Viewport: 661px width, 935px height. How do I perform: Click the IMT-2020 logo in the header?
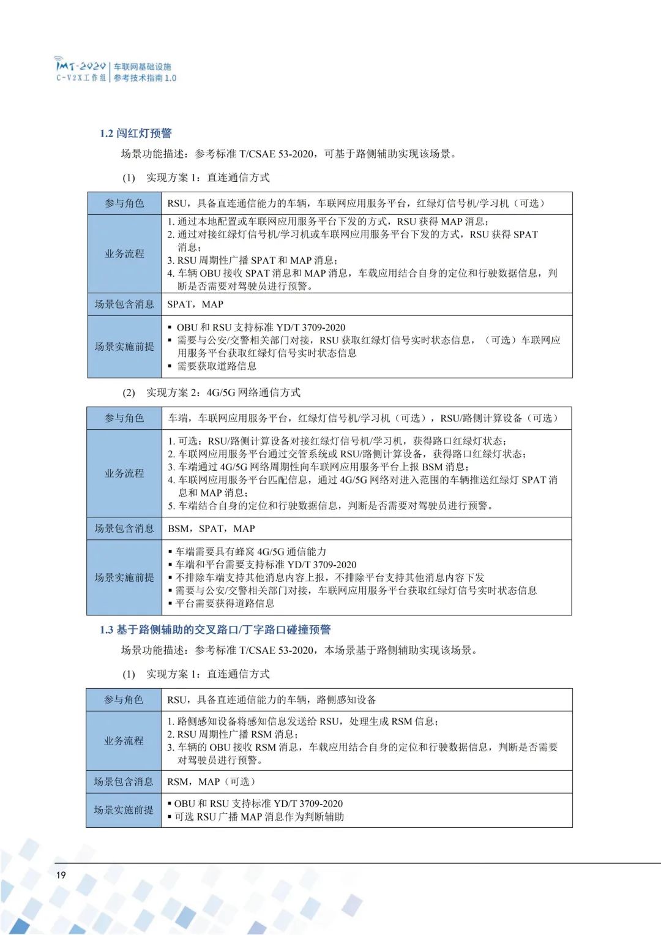(80, 65)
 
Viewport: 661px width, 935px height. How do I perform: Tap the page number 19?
(61, 874)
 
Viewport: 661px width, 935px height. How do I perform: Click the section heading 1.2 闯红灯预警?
(135, 133)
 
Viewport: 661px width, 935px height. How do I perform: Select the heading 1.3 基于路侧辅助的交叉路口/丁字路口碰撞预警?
(215, 629)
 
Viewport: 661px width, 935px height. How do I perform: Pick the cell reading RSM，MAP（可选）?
(211, 781)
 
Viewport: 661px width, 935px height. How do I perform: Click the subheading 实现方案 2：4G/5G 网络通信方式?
(223, 392)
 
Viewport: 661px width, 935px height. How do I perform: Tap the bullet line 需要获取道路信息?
(216, 366)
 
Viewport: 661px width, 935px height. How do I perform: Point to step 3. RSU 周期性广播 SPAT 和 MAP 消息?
(252, 260)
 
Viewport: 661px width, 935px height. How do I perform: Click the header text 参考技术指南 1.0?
(144, 78)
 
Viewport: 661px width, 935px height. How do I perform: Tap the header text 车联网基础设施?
(142, 67)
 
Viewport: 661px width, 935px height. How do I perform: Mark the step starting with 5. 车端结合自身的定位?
(330, 506)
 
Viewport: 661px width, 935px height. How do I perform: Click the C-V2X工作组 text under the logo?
(81, 78)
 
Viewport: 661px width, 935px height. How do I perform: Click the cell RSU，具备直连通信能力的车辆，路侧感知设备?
(272, 699)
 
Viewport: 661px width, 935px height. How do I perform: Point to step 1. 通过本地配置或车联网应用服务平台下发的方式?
(328, 222)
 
